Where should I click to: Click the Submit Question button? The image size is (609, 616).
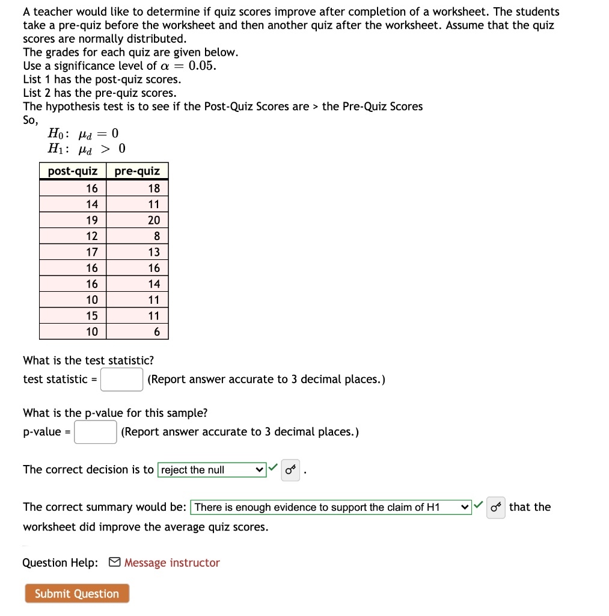pos(77,594)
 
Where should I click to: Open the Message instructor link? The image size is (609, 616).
pos(171,563)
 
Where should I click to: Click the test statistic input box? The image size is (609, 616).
pos(121,380)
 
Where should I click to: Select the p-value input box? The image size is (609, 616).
pos(95,432)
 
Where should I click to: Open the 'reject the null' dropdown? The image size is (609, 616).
pos(212,470)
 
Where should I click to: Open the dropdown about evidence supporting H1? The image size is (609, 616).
pos(331,507)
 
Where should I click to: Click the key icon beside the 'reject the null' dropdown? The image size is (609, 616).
pos(291,470)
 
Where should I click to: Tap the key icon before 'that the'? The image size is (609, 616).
pos(495,507)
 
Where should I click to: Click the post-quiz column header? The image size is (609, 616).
pos(73,171)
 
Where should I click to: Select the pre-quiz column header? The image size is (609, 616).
pos(137,171)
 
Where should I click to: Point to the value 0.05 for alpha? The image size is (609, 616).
pos(201,66)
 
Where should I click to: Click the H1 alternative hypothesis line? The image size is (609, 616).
pos(87,149)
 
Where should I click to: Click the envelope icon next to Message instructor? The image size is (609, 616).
pos(114,563)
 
